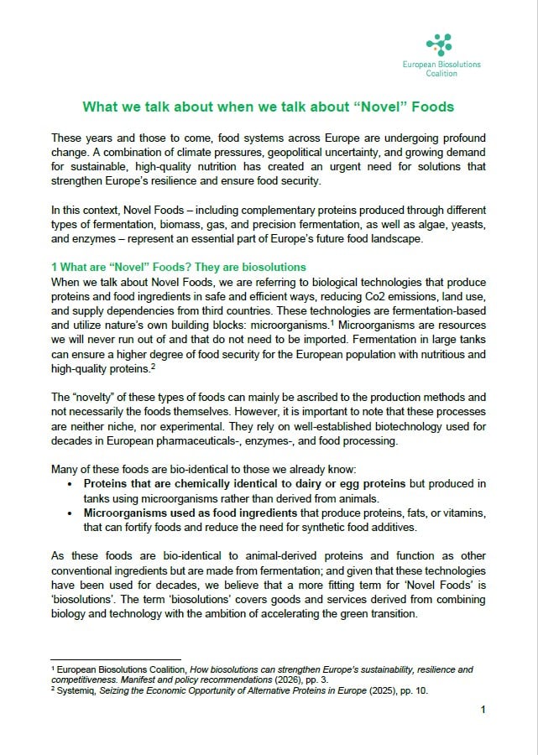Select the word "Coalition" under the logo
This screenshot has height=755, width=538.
coord(441,74)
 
